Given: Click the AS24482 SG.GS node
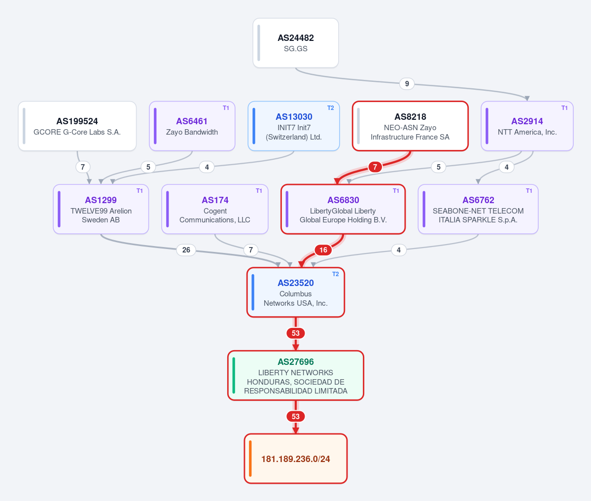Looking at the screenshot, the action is [x=296, y=43].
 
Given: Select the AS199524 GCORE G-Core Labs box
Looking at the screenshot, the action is [x=77, y=126].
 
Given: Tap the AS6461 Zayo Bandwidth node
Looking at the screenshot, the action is [x=192, y=126].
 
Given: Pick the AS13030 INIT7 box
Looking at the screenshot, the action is [x=294, y=126].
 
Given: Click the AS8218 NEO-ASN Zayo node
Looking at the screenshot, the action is [x=410, y=126].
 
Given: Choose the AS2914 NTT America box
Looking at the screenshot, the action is [x=527, y=126].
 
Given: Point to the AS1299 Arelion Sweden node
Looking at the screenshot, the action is [x=101, y=209].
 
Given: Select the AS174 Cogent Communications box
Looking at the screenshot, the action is [x=215, y=209].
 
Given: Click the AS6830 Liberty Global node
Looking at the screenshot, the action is [x=343, y=209].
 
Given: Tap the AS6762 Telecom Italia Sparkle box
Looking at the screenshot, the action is [x=478, y=209].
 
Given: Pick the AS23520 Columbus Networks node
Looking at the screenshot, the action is [x=296, y=292].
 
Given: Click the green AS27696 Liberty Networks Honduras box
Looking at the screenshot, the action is [x=296, y=375].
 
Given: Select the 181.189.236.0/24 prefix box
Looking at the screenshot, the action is [x=296, y=459].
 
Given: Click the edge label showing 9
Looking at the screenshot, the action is [x=407, y=84].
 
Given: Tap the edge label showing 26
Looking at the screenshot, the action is [x=186, y=250].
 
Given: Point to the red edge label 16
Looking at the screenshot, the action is [x=323, y=250].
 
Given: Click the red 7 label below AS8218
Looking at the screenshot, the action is [x=375, y=167].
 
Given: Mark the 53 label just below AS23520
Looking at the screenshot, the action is [x=296, y=333].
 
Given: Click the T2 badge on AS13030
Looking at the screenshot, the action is [x=331, y=108].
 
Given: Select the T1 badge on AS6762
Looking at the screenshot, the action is [x=529, y=191].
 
